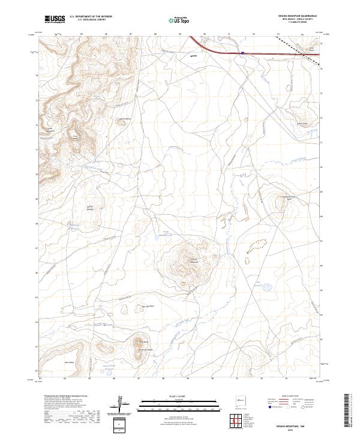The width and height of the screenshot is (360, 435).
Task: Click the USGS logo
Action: [55, 19]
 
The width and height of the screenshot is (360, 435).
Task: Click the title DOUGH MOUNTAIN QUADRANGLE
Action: [296, 16]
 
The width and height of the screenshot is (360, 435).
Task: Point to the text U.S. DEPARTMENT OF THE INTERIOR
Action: [91, 17]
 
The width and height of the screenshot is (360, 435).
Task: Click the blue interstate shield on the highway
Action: [242, 53]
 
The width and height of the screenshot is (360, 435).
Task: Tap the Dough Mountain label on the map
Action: [193, 261]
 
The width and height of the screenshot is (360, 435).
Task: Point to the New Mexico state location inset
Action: [241, 398]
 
